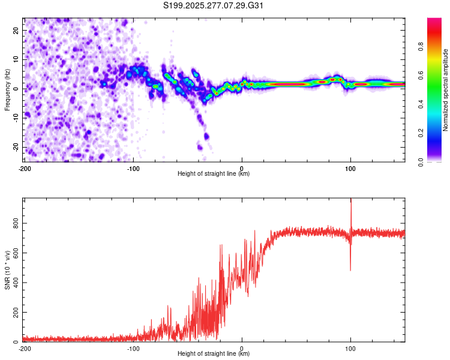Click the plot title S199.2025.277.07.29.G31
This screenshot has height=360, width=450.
point(214,5)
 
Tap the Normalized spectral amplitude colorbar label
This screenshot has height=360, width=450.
point(445,90)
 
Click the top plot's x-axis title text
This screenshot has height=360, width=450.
point(214,174)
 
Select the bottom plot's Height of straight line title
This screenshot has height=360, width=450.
point(214,354)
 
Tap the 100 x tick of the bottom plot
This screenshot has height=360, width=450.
point(351,348)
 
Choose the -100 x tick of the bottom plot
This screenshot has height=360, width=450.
point(133,348)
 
